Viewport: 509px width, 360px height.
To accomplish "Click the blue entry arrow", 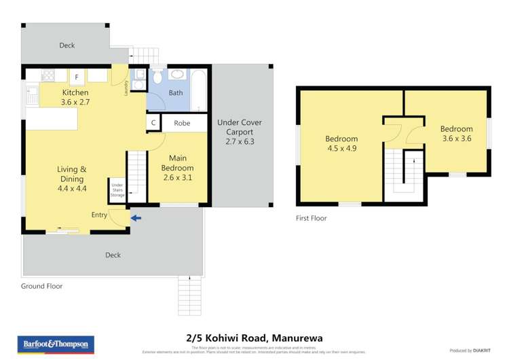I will (x=137, y=218).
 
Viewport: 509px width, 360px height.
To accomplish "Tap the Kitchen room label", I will (x=75, y=92).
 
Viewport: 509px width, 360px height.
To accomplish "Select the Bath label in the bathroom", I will (x=176, y=93).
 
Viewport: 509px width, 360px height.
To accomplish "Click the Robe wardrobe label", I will (x=182, y=124).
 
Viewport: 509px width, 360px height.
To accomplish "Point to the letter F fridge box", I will (x=77, y=77).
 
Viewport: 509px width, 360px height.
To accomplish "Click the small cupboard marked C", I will (x=153, y=124).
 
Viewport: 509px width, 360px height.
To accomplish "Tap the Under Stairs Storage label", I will (x=117, y=190).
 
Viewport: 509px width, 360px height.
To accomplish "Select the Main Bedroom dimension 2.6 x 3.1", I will (x=177, y=177).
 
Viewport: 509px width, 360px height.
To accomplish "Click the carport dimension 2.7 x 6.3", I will (x=239, y=142).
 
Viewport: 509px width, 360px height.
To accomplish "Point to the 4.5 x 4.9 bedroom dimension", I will (x=341, y=148).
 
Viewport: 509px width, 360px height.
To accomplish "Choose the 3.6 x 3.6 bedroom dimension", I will (x=456, y=139).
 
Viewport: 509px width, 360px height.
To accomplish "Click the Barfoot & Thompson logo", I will (x=56, y=344).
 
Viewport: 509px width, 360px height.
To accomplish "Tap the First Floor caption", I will (x=312, y=218).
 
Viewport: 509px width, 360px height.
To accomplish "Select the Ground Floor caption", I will (x=41, y=286).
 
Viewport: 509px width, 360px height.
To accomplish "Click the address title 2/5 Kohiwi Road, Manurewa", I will (x=254, y=338).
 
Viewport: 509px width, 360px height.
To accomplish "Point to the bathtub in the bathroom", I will (x=199, y=89).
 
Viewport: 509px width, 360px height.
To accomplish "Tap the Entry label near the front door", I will (x=99, y=215).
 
